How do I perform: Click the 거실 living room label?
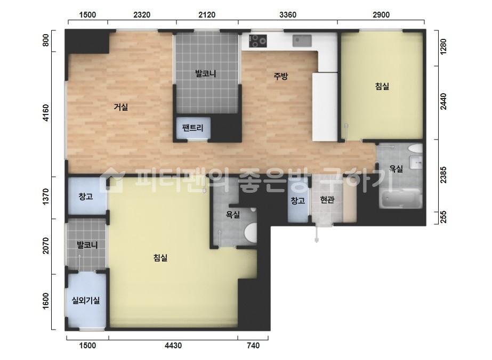point(121,107)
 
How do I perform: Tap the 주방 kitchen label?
point(280,76)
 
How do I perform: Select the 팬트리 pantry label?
point(192,128)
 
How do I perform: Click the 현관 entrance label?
point(327,200)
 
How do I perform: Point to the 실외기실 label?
point(86,300)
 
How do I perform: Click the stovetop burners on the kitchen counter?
point(258,41)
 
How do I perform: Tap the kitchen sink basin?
point(302,41)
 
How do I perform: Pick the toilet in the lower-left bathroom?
point(251,233)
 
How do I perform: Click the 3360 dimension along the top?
point(287,15)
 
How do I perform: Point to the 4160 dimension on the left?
point(46,113)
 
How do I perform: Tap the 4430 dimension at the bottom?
point(173,345)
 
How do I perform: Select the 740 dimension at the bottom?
point(253,345)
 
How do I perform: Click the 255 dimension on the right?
point(443,217)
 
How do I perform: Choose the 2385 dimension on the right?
point(443,174)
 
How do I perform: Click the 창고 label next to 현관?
point(298,200)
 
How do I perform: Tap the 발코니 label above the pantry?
point(206,73)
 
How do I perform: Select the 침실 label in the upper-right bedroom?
point(382,86)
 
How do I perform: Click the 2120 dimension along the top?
point(207,15)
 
